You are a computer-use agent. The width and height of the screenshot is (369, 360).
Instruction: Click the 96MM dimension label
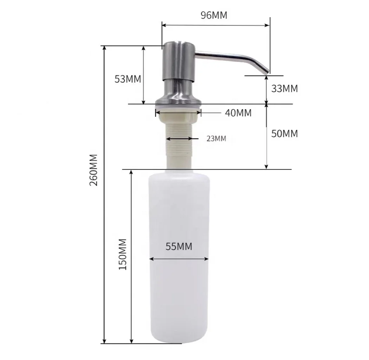214,15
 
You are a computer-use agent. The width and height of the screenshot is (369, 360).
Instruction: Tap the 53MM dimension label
128,79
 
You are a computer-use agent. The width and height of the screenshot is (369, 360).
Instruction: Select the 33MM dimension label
284,89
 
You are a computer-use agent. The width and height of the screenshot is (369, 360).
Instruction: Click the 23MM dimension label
216,139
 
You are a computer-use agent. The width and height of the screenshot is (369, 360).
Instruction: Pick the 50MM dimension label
284,134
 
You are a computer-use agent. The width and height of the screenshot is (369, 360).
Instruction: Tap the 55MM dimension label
179,247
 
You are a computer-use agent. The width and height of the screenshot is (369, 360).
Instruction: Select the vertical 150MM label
123,254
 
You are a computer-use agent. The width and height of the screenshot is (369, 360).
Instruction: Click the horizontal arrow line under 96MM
216,25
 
